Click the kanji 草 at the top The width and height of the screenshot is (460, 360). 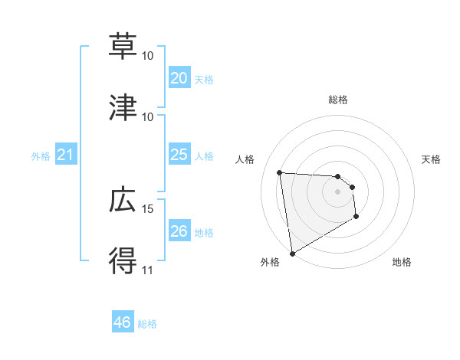coord(123,46)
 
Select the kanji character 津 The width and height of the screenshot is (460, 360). coord(123,107)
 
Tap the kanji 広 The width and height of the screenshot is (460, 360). coord(123,201)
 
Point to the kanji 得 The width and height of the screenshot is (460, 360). coord(123,261)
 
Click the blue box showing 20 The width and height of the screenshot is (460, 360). coord(179,77)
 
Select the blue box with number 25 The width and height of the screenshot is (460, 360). coord(179,155)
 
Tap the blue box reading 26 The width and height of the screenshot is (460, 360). coord(179,231)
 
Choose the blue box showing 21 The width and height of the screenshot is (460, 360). coord(65,155)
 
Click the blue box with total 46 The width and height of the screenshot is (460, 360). coord(123,322)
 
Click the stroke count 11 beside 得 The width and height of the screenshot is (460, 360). coord(147,270)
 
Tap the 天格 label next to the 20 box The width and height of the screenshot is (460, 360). coord(204,80)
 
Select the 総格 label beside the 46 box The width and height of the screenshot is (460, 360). coord(147,324)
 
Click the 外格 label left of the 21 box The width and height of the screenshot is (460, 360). coord(41,156)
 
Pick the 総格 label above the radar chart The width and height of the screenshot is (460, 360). coord(337,100)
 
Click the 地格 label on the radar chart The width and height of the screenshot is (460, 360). coord(402,262)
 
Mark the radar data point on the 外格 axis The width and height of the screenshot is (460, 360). coord(291,253)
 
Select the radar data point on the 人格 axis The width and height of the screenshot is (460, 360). coord(280,172)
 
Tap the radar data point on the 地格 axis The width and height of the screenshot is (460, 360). coord(356,217)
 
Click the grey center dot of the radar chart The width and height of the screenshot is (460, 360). coord(337,191)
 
